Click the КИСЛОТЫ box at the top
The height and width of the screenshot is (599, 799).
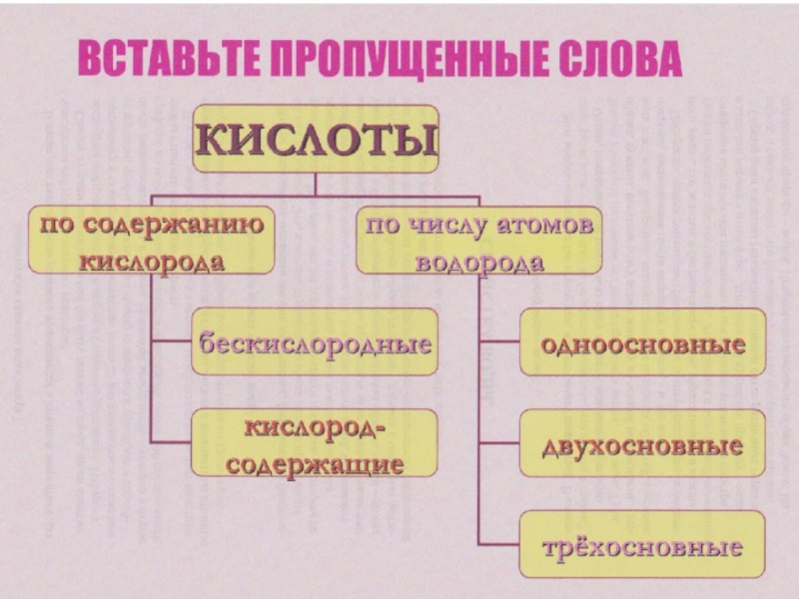[316, 139]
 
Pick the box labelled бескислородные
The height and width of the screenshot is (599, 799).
[315, 341]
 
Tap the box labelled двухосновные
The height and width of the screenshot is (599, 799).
[642, 444]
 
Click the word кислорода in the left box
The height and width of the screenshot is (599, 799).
[151, 262]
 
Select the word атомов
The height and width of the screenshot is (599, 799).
[545, 225]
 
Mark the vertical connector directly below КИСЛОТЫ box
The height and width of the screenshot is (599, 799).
[316, 183]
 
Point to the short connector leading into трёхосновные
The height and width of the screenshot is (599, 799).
[499, 545]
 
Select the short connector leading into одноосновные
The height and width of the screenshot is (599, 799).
[499, 341]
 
